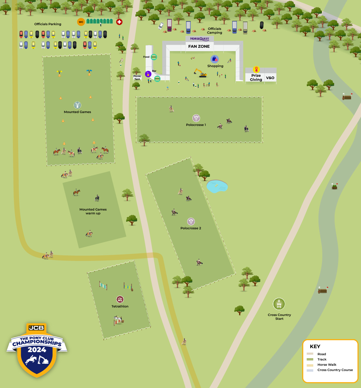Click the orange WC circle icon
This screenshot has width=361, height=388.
[x=81, y=22]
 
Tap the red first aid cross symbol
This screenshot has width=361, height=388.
[x=119, y=22]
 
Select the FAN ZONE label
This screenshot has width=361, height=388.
[x=199, y=46]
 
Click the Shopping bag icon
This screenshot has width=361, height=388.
[x=214, y=59]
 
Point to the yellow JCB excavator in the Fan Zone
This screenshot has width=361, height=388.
[x=200, y=73]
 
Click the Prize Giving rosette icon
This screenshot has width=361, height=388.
[x=256, y=69]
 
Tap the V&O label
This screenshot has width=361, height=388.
[x=270, y=78]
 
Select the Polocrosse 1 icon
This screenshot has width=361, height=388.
[x=196, y=118]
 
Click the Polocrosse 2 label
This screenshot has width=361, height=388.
[x=191, y=228]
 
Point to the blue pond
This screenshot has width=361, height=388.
[x=217, y=186]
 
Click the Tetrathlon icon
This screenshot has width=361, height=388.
[x=120, y=299]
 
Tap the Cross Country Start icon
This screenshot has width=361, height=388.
[x=279, y=304]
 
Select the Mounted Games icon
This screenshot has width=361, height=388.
[x=77, y=105]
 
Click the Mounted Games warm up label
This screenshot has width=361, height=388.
[x=93, y=211]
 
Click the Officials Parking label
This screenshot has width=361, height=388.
[x=48, y=24]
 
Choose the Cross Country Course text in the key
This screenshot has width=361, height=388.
[x=335, y=370]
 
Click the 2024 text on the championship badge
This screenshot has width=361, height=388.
[x=37, y=350]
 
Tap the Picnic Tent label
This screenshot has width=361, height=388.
[x=137, y=78]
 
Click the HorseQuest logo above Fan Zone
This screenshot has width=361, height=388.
[x=200, y=39]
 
